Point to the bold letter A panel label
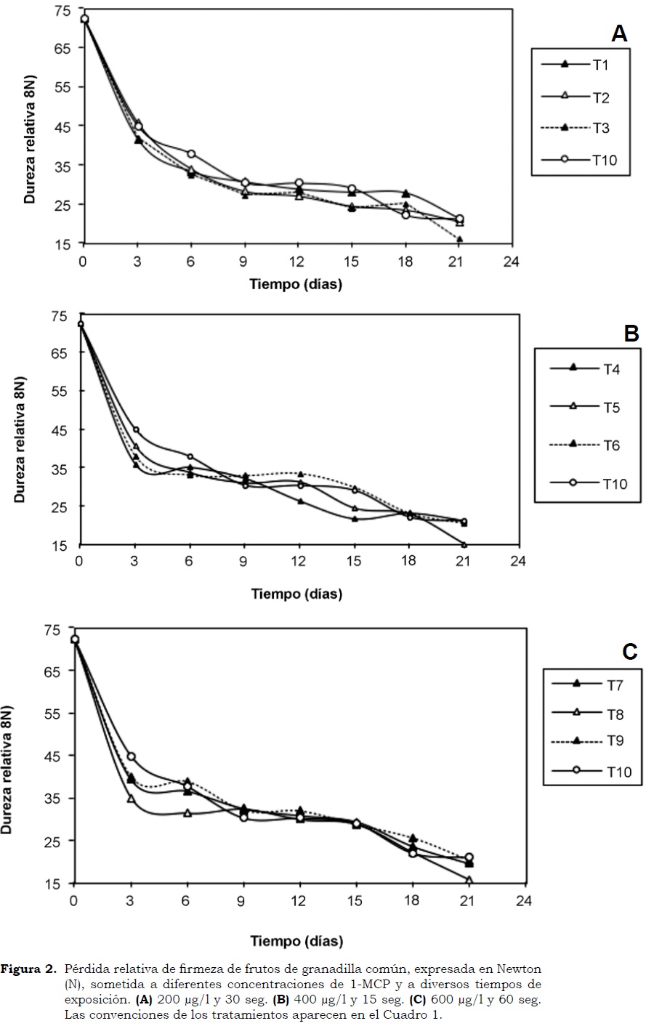click(x=618, y=33)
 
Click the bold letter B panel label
click(x=631, y=334)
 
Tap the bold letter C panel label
click(x=629, y=651)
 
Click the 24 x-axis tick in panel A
click(x=513, y=262)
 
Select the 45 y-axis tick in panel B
click(x=59, y=429)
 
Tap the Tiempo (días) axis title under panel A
click(x=296, y=284)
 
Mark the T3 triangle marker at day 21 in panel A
click(x=459, y=239)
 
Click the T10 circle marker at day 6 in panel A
click(x=191, y=154)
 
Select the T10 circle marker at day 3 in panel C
click(x=132, y=756)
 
